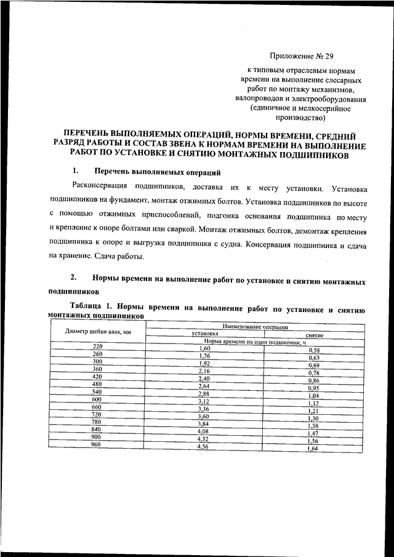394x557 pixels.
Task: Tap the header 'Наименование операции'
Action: point(255,327)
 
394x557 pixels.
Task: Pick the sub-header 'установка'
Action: point(205,334)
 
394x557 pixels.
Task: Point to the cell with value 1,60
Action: point(206,349)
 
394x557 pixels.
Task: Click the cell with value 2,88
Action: point(204,394)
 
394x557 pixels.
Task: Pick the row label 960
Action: point(95,444)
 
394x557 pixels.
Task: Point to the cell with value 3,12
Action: point(204,401)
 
